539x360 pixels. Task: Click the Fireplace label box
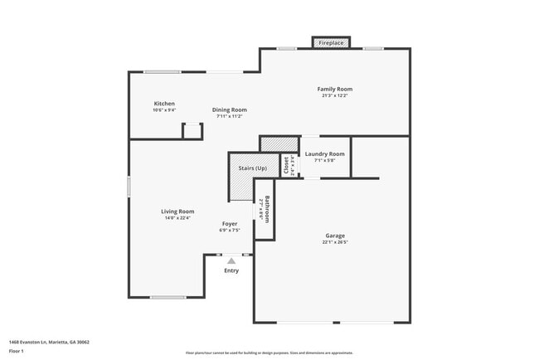pyautogui.click(x=331, y=42)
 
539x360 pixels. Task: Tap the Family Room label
pyautogui.click(x=335, y=89)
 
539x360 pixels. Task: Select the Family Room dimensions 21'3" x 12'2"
pyautogui.click(x=335, y=95)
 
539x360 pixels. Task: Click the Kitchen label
pyautogui.click(x=164, y=104)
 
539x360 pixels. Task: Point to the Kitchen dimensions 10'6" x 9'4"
pyautogui.click(x=164, y=110)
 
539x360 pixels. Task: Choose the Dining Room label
pyautogui.click(x=229, y=109)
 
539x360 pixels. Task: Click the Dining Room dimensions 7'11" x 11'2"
pyautogui.click(x=229, y=116)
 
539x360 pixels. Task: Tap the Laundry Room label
pyautogui.click(x=324, y=153)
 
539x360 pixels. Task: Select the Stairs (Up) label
pyautogui.click(x=253, y=168)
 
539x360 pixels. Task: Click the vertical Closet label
pyautogui.click(x=286, y=164)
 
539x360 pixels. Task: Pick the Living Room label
pyautogui.click(x=177, y=212)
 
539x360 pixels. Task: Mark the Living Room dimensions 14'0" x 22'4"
pyautogui.click(x=177, y=218)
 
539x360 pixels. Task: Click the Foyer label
pyautogui.click(x=230, y=224)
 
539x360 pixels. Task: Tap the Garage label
pyautogui.click(x=335, y=236)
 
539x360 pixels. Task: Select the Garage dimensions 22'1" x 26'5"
pyautogui.click(x=335, y=242)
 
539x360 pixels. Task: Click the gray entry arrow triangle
pyautogui.click(x=231, y=260)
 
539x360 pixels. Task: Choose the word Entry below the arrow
pyautogui.click(x=231, y=270)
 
